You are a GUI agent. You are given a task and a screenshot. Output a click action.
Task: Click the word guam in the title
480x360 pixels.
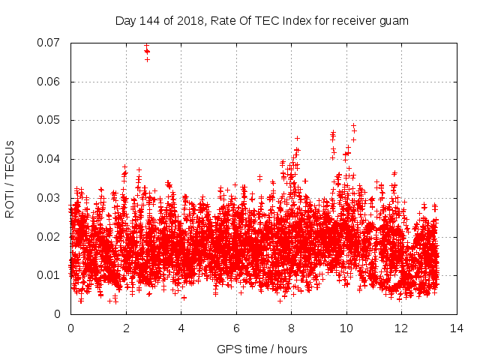[394, 20]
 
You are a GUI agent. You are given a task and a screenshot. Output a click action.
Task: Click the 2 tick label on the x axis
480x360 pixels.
[125, 328]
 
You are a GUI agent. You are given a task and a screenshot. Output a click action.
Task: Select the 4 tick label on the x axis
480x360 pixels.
[181, 328]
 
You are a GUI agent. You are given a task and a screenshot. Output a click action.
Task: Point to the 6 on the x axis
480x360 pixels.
[236, 328]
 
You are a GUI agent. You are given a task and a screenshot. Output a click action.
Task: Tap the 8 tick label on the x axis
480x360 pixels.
[291, 328]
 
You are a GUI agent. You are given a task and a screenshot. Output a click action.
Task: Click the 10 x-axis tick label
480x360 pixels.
[346, 328]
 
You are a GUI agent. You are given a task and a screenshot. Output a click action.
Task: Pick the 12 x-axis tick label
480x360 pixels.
[401, 328]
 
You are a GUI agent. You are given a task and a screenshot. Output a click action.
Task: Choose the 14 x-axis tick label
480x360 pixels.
[457, 328]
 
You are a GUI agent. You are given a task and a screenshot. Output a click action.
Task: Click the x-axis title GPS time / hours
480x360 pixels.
[262, 349]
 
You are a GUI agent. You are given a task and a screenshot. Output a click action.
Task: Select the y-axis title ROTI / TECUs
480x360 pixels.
[10, 178]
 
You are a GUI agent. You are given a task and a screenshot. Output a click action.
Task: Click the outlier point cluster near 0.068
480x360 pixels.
[147, 51]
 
